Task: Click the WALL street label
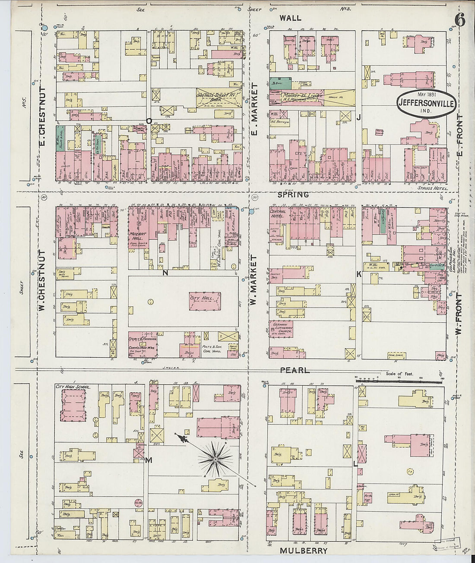290,18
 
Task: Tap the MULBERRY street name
304,550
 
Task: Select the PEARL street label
294,370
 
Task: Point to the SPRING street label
293,195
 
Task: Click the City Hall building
205,300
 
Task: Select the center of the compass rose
215,460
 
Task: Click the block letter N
165,273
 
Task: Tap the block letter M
149,460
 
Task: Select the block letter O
149,121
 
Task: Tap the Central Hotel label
278,214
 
